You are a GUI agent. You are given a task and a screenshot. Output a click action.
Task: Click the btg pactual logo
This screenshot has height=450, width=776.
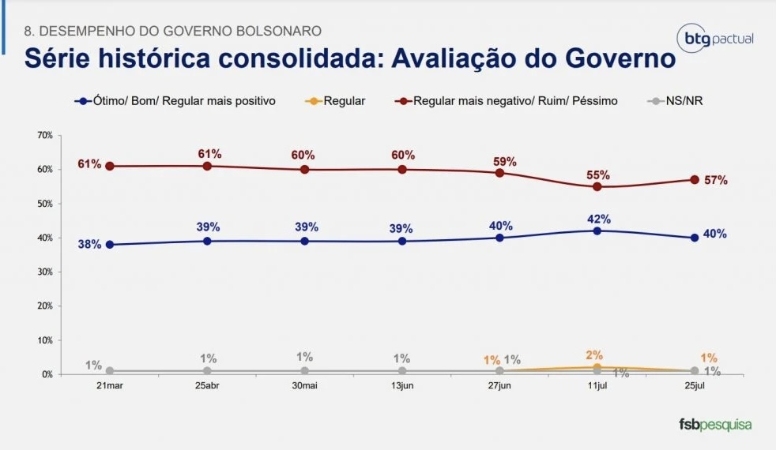(716, 38)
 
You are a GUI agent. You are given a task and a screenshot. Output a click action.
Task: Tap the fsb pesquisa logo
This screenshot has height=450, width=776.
(715, 425)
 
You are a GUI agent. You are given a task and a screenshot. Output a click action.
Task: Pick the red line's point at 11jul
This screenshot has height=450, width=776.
(597, 187)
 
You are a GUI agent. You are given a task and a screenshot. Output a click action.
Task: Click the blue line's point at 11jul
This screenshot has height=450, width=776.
(597, 231)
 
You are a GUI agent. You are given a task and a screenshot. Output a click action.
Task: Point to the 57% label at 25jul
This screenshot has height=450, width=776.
(716, 180)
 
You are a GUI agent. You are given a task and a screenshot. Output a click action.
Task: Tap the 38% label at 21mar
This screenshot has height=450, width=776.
(89, 245)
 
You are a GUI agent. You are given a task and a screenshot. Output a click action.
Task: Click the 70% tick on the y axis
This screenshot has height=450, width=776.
(44, 136)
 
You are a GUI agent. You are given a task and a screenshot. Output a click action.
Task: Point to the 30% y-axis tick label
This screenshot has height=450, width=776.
(44, 272)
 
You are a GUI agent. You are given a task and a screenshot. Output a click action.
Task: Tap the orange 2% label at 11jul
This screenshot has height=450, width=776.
(594, 355)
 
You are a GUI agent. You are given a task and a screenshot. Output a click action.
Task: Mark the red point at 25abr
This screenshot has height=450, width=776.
(207, 167)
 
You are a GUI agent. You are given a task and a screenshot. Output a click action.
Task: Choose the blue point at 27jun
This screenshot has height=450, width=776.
(499, 238)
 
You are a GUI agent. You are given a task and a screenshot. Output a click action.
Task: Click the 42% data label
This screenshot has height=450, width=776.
(599, 219)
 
